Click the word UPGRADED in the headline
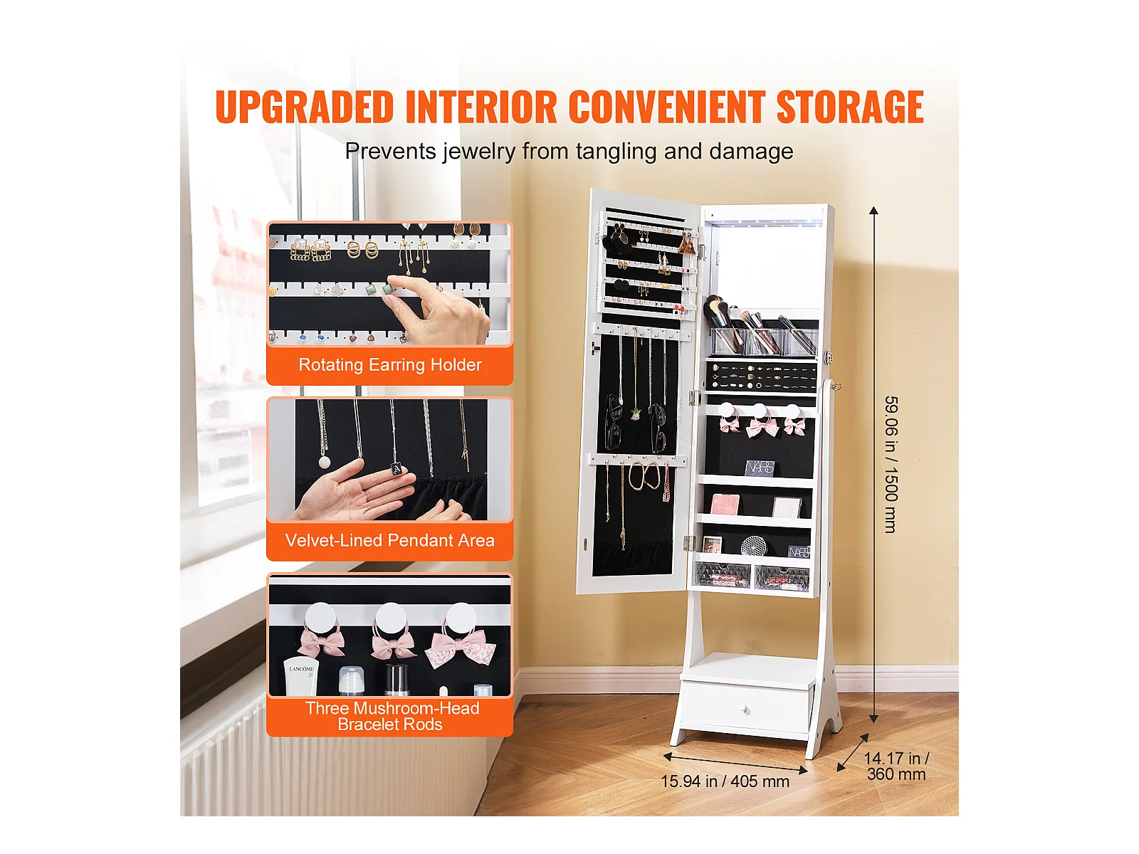[x=305, y=106]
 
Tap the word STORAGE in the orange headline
[x=849, y=106]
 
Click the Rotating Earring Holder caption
[x=389, y=364]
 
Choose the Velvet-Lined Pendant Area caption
[x=389, y=540]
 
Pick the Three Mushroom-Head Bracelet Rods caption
[x=392, y=716]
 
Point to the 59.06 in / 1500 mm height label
[x=891, y=464]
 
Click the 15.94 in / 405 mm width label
[x=725, y=781]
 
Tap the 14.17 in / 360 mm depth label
[x=896, y=766]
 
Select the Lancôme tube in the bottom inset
[x=301, y=676]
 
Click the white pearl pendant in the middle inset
[x=325, y=462]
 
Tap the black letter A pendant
[x=397, y=470]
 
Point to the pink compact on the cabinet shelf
[x=725, y=503]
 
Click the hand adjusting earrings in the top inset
[x=436, y=311]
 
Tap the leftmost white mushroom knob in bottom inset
[x=320, y=616]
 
